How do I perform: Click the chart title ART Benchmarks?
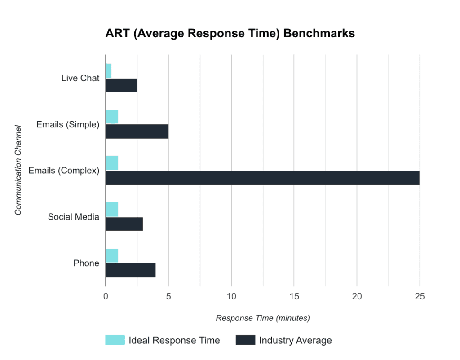pyautogui.click(x=230, y=34)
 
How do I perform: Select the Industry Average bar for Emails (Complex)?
pyautogui.click(x=262, y=178)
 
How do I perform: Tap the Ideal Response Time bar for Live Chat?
pyautogui.click(x=109, y=70)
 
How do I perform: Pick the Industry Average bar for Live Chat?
pyautogui.click(x=121, y=85)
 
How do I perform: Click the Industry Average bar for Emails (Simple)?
pyautogui.click(x=137, y=132)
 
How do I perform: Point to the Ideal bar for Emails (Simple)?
pyautogui.click(x=112, y=117)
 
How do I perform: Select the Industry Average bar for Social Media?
pyautogui.click(x=124, y=224)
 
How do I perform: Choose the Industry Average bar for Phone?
pyautogui.click(x=131, y=270)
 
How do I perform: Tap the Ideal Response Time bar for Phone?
pyautogui.click(x=112, y=255)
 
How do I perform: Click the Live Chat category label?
pyautogui.click(x=80, y=78)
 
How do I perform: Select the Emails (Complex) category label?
pyautogui.click(x=64, y=171)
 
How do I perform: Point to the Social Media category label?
pyautogui.click(x=74, y=217)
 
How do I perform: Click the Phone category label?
pyautogui.click(x=86, y=263)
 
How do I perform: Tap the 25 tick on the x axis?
pyautogui.click(x=419, y=296)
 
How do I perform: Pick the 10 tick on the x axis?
pyautogui.click(x=231, y=296)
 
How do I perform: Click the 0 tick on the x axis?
pyautogui.click(x=106, y=296)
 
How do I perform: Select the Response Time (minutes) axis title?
pyautogui.click(x=263, y=318)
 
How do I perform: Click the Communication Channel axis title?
pyautogui.click(x=18, y=170)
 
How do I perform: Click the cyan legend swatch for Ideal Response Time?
pyautogui.click(x=115, y=340)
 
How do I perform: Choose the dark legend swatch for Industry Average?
pyautogui.click(x=245, y=340)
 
